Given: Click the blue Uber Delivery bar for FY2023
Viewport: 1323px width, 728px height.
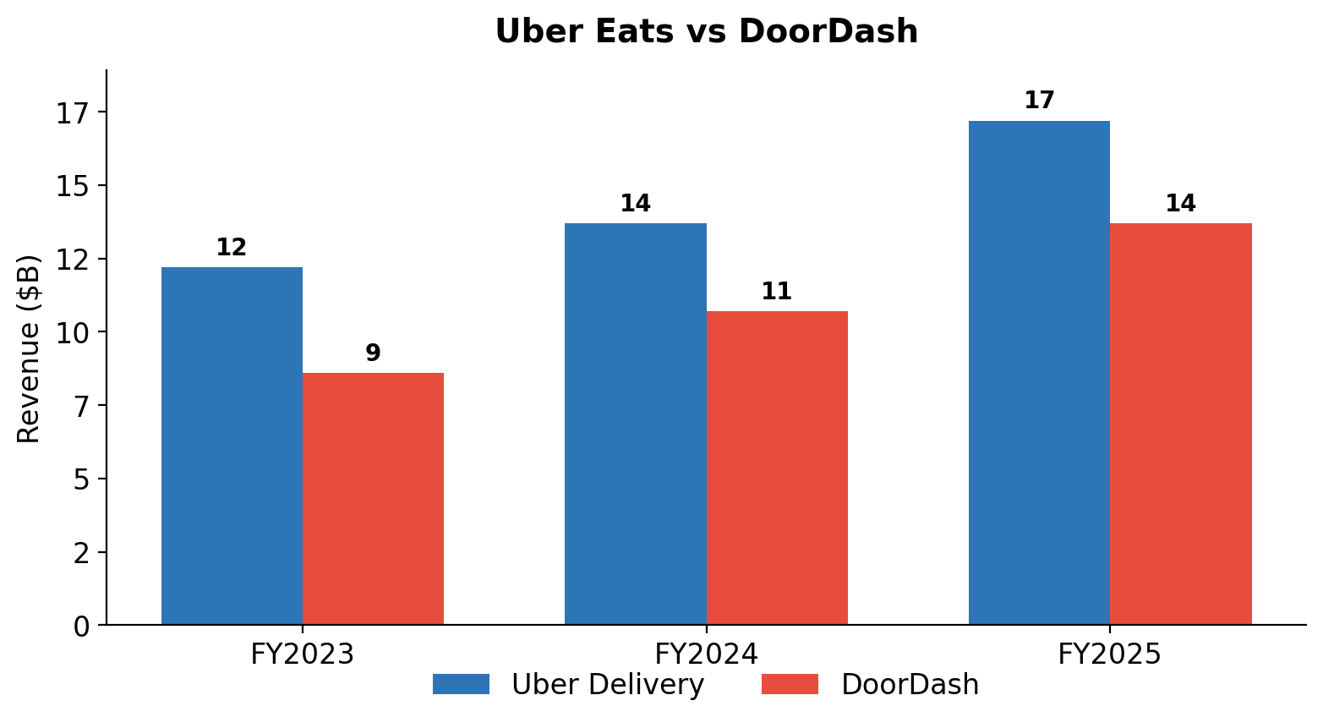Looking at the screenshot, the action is [232, 446].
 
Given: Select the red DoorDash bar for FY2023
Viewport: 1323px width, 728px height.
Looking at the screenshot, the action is [374, 499].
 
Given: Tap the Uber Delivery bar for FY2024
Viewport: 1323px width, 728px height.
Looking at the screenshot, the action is [636, 424].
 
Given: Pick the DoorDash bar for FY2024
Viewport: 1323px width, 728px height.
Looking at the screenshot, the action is [777, 468].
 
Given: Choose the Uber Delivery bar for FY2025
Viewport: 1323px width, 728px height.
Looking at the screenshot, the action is [1039, 373].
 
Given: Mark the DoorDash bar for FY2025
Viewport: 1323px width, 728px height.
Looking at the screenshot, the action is [1181, 424].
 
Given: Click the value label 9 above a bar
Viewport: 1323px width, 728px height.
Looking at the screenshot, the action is [374, 353].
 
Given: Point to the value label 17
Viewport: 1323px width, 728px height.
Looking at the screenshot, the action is [1039, 101].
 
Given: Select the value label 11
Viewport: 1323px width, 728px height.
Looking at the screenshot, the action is [777, 292].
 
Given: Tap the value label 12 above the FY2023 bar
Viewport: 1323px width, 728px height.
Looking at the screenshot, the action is [232, 247].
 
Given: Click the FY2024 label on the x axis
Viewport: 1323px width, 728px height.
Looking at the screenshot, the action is [707, 654].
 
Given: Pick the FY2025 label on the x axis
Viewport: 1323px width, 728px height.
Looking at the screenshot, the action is [1110, 654].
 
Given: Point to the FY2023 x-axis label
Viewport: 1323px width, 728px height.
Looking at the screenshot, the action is [303, 654].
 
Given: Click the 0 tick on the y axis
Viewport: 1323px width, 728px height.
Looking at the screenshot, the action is [81, 627].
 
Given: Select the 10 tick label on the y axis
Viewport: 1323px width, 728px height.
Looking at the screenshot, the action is [74, 334].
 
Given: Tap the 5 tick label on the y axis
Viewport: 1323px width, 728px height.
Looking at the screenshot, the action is [81, 480].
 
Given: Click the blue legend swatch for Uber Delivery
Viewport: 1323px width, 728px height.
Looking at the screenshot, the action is [461, 684].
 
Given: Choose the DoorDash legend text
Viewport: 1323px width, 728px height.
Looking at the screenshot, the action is [910, 684].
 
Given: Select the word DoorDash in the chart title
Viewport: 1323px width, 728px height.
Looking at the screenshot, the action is [828, 30].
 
